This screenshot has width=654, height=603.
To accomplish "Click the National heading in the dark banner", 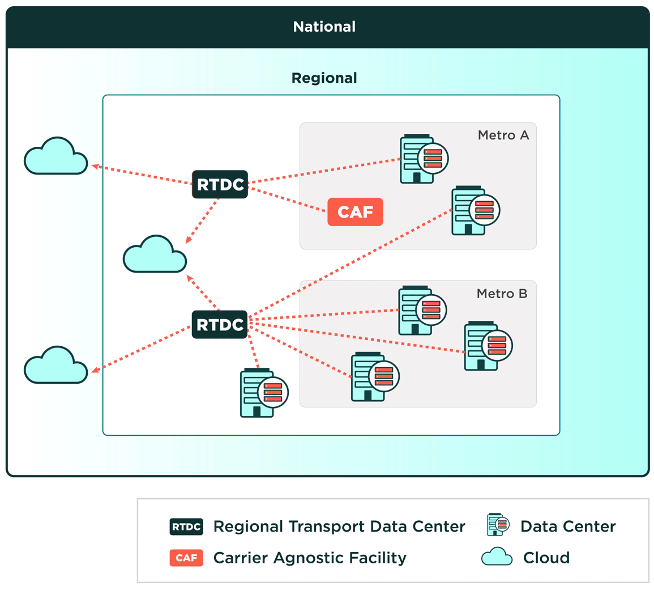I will pos(324,27).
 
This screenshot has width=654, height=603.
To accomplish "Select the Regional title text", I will pos(324,78).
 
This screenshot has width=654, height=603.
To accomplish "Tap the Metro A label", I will pos(503,135).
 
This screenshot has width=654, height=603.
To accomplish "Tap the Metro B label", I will pos(502,294).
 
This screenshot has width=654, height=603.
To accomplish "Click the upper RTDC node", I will pos(220,184).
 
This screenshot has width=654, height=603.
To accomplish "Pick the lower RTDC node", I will pos(220,325).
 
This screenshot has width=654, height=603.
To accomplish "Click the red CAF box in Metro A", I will pos(355,212).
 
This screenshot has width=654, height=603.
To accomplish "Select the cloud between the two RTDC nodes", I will pos(155,255).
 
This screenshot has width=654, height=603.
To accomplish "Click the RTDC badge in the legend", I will pos(186,526).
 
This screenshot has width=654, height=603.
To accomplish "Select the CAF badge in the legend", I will pos(186,558).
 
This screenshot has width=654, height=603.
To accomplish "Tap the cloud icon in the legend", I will pos(497,557).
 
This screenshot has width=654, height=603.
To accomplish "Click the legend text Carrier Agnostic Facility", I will pos(310,558).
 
